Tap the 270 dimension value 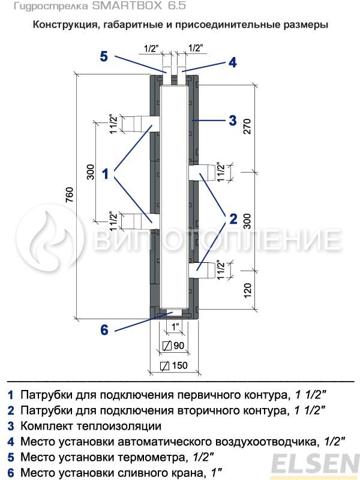[247, 127]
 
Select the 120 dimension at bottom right [247, 291]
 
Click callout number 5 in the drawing [104, 56]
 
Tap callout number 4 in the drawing [232, 62]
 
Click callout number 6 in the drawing [104, 329]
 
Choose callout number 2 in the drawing [233, 219]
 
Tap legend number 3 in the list [11, 427]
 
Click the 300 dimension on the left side [91, 172]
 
